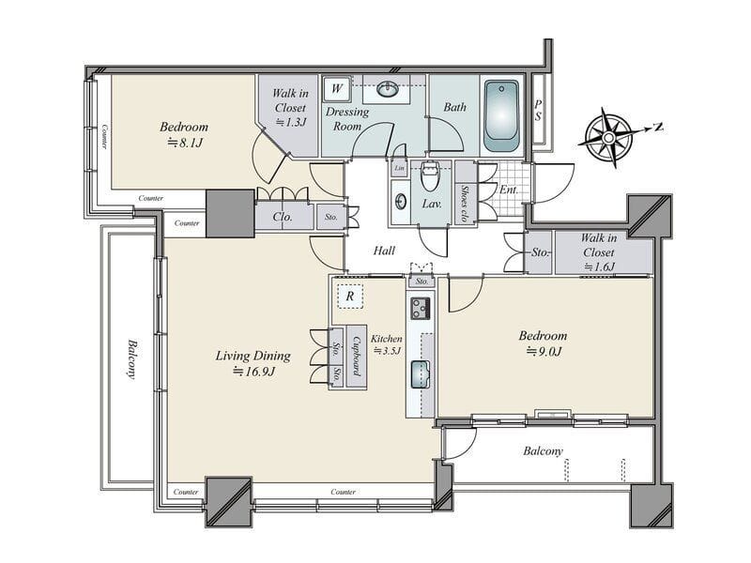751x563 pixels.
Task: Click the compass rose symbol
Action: click(x=609, y=138)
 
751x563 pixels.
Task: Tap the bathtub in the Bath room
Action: click(x=501, y=115)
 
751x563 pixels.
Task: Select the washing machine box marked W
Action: click(x=337, y=88)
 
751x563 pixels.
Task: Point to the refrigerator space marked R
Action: click(x=349, y=297)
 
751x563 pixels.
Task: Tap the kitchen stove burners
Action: click(x=421, y=309)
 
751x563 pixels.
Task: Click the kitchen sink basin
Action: click(x=421, y=374)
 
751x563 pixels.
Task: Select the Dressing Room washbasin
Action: click(x=387, y=88)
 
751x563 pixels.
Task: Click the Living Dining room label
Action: click(x=253, y=356)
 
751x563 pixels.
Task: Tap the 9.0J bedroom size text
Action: click(x=544, y=351)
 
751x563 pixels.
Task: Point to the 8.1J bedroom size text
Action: click(x=184, y=143)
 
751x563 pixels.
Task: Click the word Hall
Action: click(x=384, y=251)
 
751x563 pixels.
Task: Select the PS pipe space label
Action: click(x=538, y=111)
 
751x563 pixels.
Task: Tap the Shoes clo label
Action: click(x=465, y=204)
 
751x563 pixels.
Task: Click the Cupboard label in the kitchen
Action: click(x=357, y=357)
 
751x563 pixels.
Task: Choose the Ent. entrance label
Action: click(x=509, y=190)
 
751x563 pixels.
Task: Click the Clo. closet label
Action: click(x=283, y=217)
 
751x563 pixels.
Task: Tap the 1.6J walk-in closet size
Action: click(x=599, y=266)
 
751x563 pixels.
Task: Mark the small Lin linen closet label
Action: click(x=400, y=168)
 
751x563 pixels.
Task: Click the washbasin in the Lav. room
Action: click(x=401, y=202)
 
